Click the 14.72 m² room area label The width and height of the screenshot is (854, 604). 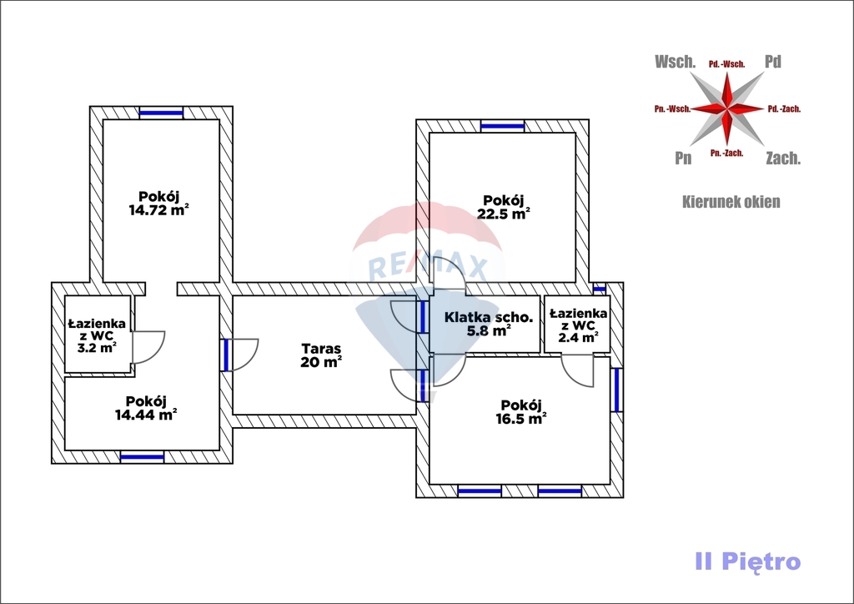coord(158,204)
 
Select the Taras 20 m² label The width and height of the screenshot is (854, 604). coord(321,355)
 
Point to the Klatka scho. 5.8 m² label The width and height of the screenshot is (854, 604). coord(489,324)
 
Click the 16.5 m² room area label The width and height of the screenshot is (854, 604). coord(520,411)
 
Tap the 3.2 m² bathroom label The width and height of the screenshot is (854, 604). coord(97,335)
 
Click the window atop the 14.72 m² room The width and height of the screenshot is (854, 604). coord(161,113)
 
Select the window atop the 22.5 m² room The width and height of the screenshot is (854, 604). coord(503,126)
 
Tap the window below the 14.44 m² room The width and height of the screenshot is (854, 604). coord(142,456)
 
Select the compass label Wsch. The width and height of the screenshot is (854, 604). coord(676,62)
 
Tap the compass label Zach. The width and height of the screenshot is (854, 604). coord(783,158)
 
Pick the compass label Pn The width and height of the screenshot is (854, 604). coord(683,158)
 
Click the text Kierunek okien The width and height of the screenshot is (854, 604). coord(731,202)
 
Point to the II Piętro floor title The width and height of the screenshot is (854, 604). coord(747,561)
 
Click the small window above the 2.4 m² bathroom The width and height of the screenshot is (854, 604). coord(600,289)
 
